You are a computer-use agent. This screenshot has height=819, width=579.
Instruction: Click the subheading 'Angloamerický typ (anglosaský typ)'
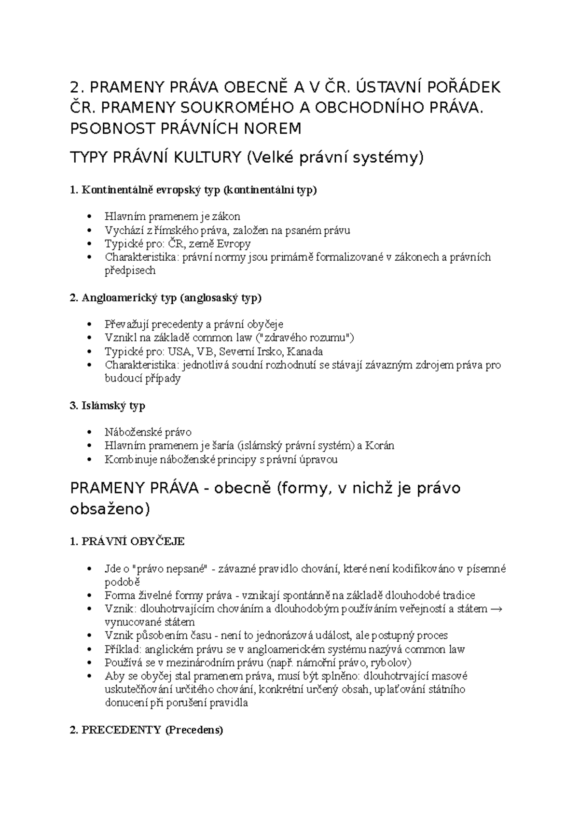[165, 297]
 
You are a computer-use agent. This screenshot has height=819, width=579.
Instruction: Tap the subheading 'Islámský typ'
[108, 406]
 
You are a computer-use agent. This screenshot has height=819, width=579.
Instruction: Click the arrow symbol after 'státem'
[496, 609]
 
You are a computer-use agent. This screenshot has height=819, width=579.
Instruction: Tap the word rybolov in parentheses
[391, 663]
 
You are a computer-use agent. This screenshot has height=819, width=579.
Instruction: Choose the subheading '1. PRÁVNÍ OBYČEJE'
[127, 541]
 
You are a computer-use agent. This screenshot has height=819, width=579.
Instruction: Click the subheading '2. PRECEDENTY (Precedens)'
[146, 730]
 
